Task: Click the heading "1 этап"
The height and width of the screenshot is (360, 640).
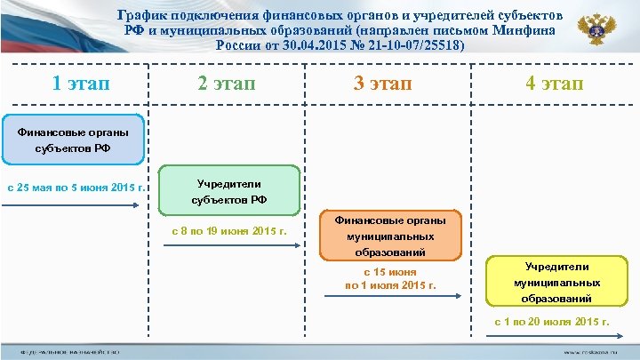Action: click(81, 84)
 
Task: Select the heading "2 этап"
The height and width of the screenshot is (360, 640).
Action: click(225, 84)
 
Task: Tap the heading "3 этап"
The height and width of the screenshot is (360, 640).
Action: click(383, 84)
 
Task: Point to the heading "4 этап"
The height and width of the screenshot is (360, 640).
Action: click(553, 84)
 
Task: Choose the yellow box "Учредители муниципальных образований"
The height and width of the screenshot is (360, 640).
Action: click(556, 283)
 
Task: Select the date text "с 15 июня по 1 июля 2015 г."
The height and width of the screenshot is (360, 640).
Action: click(391, 278)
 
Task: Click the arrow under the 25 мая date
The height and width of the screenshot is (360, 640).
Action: click(74, 205)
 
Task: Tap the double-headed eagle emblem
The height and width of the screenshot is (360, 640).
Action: click(595, 32)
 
